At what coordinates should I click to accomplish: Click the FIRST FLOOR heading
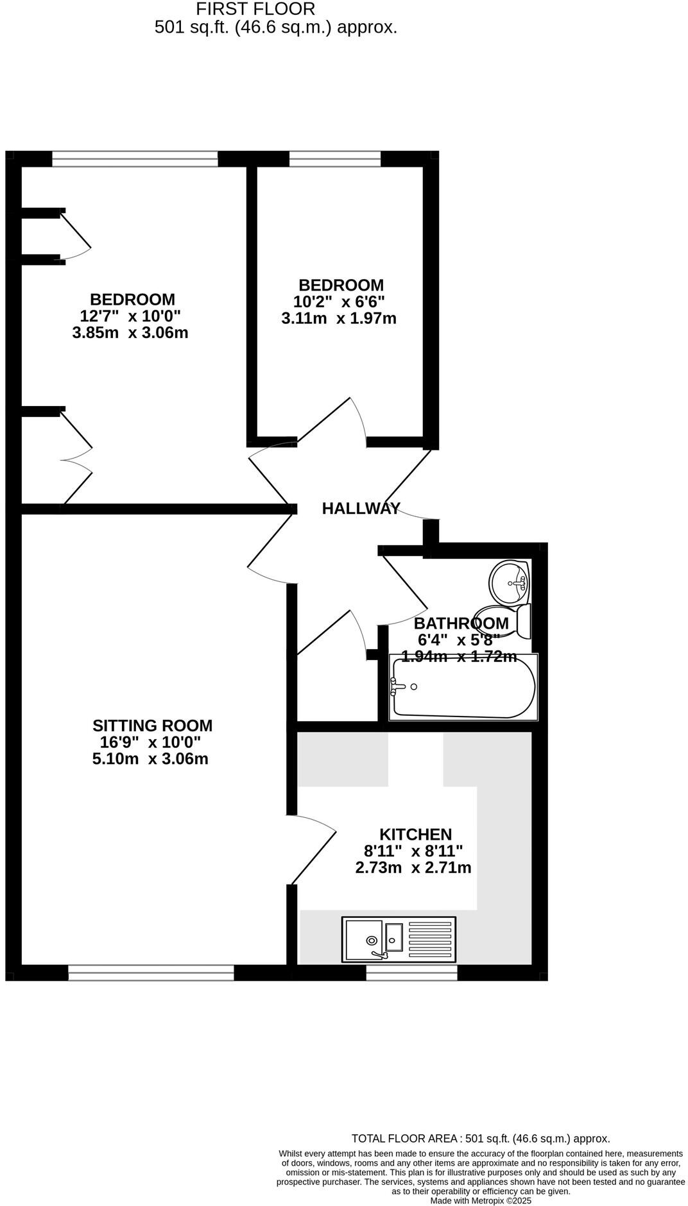click(255, 9)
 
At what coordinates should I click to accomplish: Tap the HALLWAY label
click(361, 509)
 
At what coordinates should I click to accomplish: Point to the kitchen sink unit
click(399, 940)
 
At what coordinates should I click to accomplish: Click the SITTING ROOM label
click(152, 726)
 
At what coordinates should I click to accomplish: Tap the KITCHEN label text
click(415, 835)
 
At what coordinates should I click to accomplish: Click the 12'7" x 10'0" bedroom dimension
click(130, 316)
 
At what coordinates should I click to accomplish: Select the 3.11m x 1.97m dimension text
click(339, 318)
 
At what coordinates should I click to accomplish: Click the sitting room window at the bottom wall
click(151, 973)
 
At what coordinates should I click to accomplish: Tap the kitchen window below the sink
click(411, 973)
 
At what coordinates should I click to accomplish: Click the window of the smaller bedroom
click(334, 158)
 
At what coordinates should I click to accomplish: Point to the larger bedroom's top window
click(135, 158)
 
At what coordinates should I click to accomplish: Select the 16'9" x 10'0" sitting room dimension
click(151, 743)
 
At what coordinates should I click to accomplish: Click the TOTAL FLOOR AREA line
click(480, 1139)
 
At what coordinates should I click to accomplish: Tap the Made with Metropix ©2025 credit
click(480, 1201)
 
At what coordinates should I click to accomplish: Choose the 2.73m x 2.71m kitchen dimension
click(413, 868)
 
